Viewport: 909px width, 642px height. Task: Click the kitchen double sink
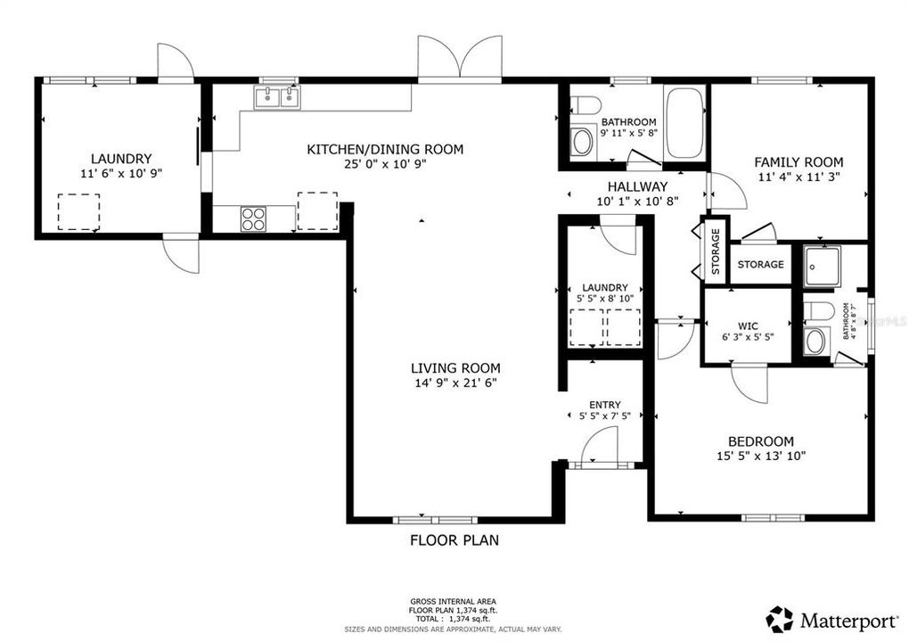[276, 96]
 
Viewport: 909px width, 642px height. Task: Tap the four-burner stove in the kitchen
[253, 218]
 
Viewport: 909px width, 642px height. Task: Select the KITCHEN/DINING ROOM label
[385, 149]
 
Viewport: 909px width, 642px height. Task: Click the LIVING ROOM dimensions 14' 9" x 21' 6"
[454, 383]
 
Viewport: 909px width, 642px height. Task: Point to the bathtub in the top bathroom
[684, 124]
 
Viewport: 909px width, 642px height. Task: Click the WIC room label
[747, 325]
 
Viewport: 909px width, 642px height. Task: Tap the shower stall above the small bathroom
[821, 266]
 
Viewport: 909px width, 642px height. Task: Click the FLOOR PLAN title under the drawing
[454, 539]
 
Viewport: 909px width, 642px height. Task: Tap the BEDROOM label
[760, 441]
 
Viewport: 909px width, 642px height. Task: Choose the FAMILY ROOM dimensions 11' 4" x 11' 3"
[798, 177]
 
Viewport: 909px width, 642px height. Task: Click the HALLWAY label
[637, 186]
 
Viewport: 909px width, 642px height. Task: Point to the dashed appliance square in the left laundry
[78, 210]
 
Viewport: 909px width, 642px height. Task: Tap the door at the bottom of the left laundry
[181, 253]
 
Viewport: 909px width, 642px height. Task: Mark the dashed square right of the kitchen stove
[317, 210]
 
